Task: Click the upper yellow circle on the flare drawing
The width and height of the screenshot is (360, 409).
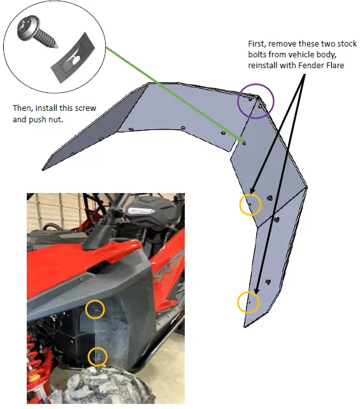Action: (250, 204)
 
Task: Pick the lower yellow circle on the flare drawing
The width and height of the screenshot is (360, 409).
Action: (248, 302)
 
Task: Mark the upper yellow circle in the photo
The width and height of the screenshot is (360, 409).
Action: (96, 310)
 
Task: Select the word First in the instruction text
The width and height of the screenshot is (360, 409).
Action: (257, 44)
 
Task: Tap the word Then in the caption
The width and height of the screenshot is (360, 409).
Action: (24, 108)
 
